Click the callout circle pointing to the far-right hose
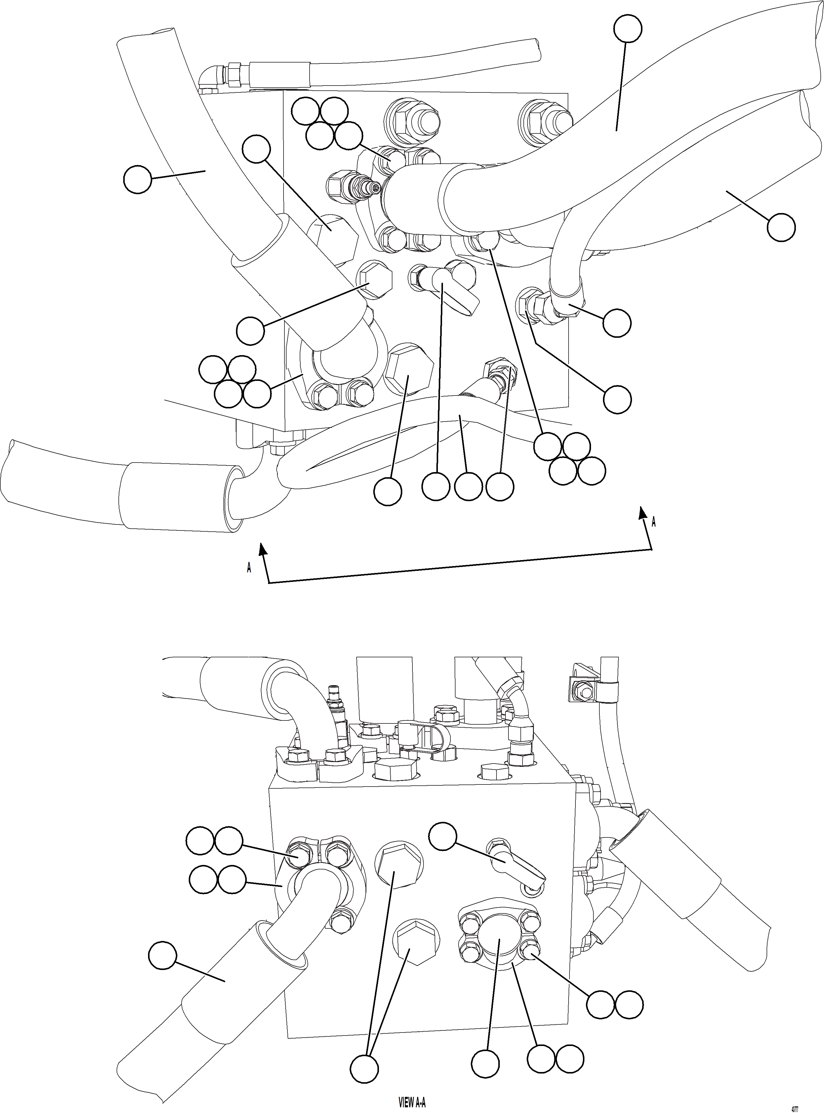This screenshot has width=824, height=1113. pos(781,227)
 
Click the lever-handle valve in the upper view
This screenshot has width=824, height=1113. pos(449,289)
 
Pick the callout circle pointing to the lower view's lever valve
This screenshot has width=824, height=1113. pos(442,836)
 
